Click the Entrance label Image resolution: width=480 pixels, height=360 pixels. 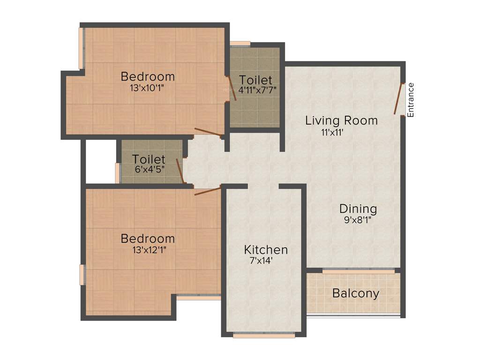click(x=411, y=100)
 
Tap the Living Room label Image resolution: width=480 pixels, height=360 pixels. click(x=341, y=120)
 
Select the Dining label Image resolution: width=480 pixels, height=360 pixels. click(x=358, y=209)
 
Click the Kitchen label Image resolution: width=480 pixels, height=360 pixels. click(x=266, y=249)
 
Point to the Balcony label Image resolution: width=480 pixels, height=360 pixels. click(x=355, y=294)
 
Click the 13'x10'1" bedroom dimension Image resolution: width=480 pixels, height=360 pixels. click(x=147, y=87)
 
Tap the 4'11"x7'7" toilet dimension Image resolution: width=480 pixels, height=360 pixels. click(x=255, y=90)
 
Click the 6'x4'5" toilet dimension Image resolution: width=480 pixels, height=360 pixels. click(x=148, y=170)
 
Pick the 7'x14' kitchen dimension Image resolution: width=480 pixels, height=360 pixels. click(x=262, y=261)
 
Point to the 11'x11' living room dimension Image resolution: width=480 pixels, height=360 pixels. click(x=333, y=132)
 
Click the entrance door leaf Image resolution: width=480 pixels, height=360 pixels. click(x=399, y=98)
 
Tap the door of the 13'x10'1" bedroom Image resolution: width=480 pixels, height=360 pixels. click(x=209, y=133)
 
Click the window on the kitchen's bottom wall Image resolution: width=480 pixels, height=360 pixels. click(x=264, y=335)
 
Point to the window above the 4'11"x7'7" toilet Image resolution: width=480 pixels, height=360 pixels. click(x=240, y=44)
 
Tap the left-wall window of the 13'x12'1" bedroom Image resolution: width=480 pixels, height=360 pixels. click(x=82, y=275)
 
